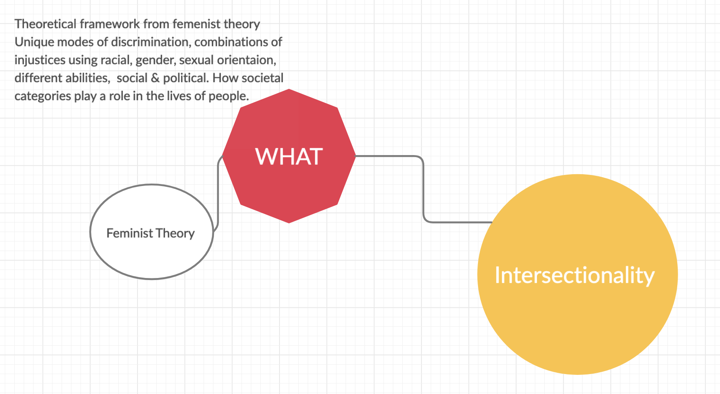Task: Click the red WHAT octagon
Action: [289, 179]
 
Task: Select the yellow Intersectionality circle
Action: [578, 317]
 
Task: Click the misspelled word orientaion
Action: [246, 60]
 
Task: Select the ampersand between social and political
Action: [155, 78]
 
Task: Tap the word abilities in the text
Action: [89, 78]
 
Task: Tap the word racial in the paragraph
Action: [116, 60]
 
